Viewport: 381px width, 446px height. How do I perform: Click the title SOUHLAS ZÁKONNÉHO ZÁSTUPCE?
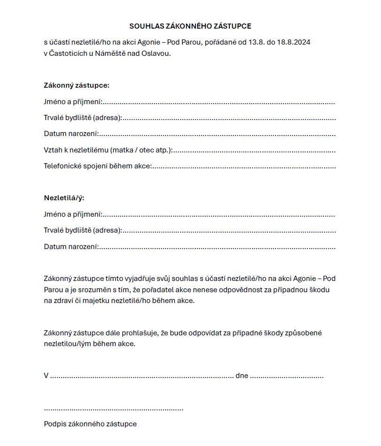tap(190, 26)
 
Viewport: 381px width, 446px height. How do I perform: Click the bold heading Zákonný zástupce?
tap(77, 85)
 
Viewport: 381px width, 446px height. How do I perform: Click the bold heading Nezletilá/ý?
tap(64, 198)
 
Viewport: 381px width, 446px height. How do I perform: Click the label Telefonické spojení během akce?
tap(97, 166)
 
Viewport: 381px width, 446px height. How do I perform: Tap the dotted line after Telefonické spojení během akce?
tap(244, 167)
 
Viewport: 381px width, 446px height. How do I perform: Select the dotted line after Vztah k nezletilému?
tap(255, 151)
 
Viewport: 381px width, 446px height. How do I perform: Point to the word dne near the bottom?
tap(241, 376)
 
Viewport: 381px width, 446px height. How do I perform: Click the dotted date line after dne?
tap(287, 377)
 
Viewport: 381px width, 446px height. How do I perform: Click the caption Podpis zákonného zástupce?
tap(90, 424)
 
